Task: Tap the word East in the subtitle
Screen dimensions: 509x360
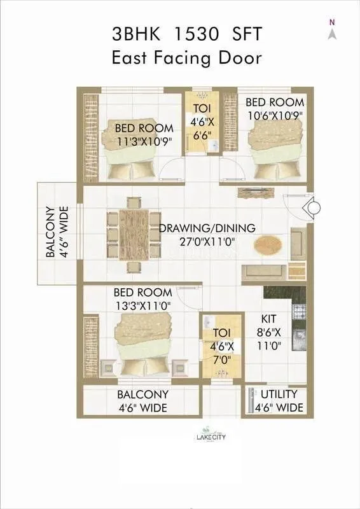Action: (x=132, y=58)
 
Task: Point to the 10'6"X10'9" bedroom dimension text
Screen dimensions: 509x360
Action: (x=275, y=115)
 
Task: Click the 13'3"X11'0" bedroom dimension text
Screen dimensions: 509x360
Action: (x=142, y=305)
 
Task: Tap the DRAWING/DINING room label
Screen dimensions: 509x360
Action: (x=207, y=228)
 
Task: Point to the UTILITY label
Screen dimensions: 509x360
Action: (x=279, y=394)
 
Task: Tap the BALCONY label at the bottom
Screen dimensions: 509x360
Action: (x=142, y=394)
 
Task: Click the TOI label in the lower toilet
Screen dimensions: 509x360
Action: (x=221, y=332)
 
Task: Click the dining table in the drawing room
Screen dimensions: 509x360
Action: (x=134, y=234)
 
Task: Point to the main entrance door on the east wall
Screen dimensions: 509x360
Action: (x=313, y=207)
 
